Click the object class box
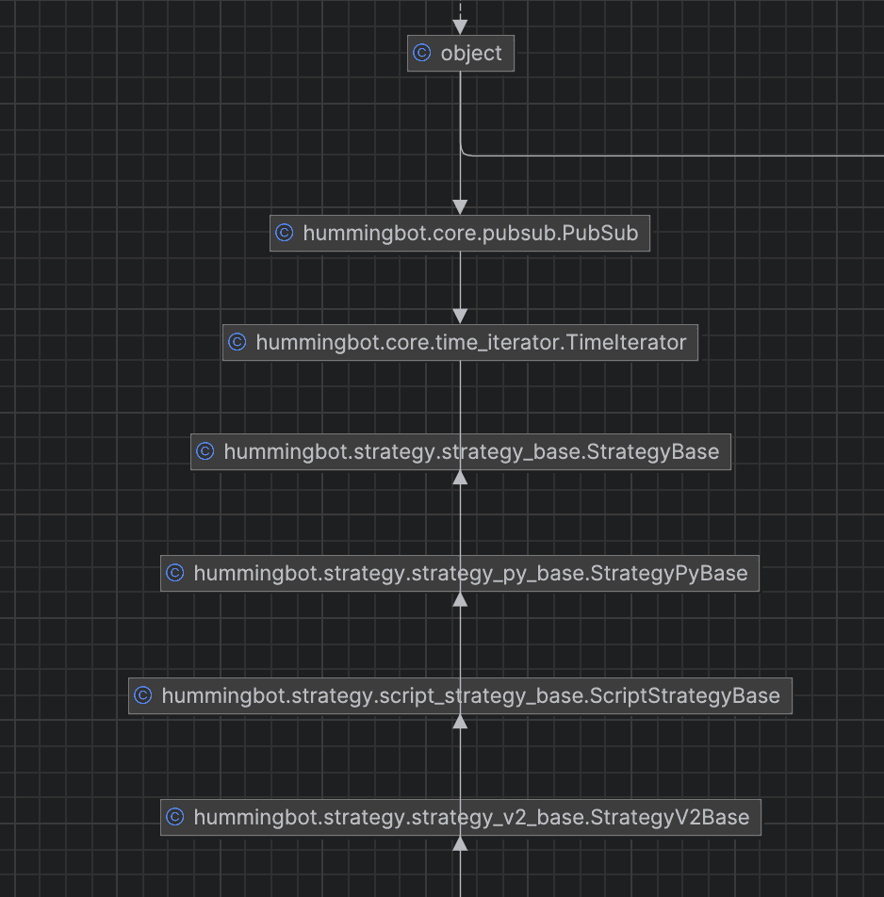click(x=461, y=53)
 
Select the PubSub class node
click(x=460, y=233)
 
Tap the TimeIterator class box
click(x=460, y=343)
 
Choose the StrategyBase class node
click(x=461, y=452)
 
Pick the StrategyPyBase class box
click(x=460, y=573)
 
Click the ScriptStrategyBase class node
click(x=460, y=695)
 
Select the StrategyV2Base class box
click(x=461, y=817)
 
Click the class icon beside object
click(x=421, y=53)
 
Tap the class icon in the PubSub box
click(x=285, y=232)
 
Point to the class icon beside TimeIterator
click(x=237, y=342)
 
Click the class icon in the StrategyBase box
click(x=205, y=451)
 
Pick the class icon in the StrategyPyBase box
click(x=175, y=573)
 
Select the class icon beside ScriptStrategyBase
click(x=143, y=695)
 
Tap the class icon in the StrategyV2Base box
click(x=175, y=816)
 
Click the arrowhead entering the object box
click(x=460, y=27)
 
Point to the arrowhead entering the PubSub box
click(x=460, y=207)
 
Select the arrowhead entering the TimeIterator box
click(x=460, y=317)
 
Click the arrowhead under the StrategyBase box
click(x=460, y=478)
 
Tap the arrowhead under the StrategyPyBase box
click(x=460, y=599)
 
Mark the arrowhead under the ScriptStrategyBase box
click(x=460, y=722)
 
